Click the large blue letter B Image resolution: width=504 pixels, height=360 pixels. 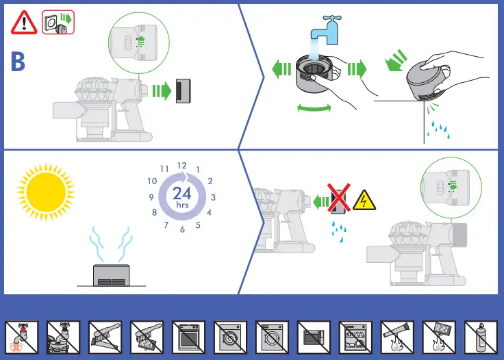[18, 62]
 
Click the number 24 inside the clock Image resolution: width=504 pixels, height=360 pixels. [182, 193]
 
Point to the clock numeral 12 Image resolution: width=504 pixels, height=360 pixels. [182, 166]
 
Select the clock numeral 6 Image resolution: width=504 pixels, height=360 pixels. [182, 229]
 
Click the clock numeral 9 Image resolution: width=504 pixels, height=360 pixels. [150, 198]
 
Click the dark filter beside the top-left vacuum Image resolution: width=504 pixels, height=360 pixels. [184, 92]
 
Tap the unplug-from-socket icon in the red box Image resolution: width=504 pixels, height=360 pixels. [58, 23]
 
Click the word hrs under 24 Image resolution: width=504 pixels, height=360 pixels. [182, 205]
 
